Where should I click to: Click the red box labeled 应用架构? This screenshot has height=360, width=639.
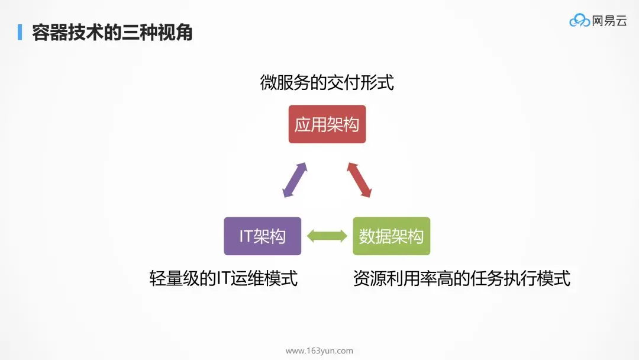pyautogui.click(x=327, y=124)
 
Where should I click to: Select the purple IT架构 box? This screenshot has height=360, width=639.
pyautogui.click(x=262, y=236)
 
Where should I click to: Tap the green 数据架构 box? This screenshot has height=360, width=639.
pyautogui.click(x=391, y=236)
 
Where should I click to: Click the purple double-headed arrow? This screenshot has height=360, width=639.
pyautogui.click(x=295, y=179)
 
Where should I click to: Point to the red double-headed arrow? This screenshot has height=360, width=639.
pyautogui.click(x=359, y=179)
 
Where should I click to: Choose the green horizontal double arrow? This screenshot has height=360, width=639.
pyautogui.click(x=327, y=236)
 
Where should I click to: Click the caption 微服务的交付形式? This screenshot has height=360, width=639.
pyautogui.click(x=327, y=82)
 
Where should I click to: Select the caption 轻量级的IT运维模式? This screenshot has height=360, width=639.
pyautogui.click(x=223, y=278)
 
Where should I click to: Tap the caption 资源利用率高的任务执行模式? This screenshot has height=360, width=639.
pyautogui.click(x=461, y=278)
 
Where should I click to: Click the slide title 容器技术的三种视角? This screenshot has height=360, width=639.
pyautogui.click(x=112, y=33)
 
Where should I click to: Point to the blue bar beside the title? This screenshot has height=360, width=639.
pyautogui.click(x=20, y=33)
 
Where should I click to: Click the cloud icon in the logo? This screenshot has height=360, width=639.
pyautogui.click(x=579, y=21)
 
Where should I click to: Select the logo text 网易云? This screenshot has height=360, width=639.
pyautogui.click(x=609, y=21)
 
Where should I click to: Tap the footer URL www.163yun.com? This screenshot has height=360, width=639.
pyautogui.click(x=319, y=351)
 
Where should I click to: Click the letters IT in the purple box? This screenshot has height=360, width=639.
pyautogui.click(x=246, y=236)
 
